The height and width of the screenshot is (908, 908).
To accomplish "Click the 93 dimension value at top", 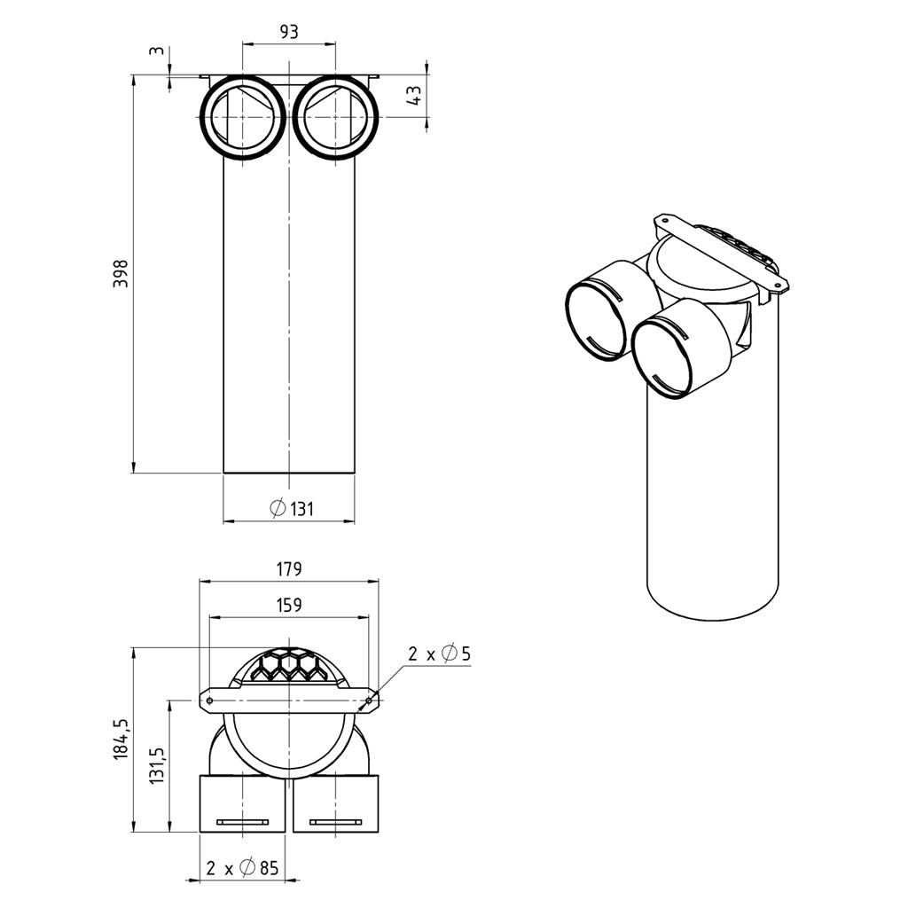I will point(289,31).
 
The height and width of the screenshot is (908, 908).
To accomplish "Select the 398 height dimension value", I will point(121,275).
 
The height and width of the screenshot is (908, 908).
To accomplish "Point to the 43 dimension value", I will point(413,97).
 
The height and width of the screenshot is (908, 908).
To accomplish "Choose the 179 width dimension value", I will point(289,568).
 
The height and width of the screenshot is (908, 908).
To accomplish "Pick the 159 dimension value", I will point(289,606).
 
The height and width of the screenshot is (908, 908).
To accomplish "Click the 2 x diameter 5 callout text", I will point(439,654).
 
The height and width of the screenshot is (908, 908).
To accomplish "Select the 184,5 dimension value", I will point(122,739).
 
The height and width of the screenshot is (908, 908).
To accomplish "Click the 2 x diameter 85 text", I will point(242,868).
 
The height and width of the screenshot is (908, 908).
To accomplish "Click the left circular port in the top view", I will point(243,118).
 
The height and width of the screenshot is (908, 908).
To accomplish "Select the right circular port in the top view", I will point(337,118).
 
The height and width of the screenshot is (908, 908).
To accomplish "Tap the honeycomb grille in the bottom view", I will point(289,666).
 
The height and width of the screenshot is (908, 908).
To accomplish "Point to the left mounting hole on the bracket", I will point(209,701).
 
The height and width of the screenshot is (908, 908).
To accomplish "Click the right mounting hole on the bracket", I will point(369,701).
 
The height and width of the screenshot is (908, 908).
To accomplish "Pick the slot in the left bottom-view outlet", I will point(242,821).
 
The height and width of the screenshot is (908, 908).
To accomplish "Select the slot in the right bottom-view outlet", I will point(337,821).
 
